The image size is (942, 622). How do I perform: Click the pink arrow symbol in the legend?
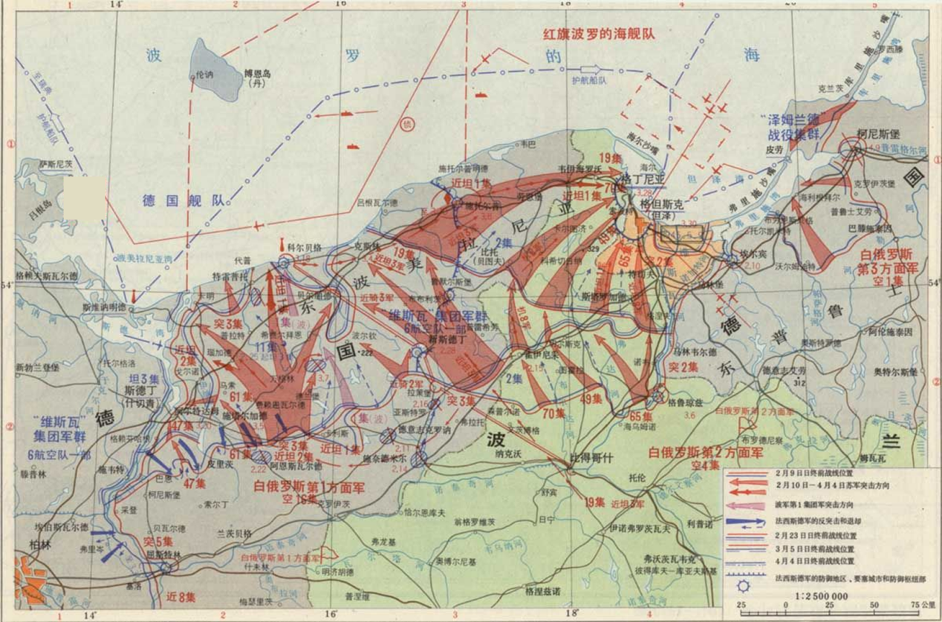pyautogui.click(x=746, y=505)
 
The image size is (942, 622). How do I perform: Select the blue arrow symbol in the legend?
pyautogui.click(x=746, y=521)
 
